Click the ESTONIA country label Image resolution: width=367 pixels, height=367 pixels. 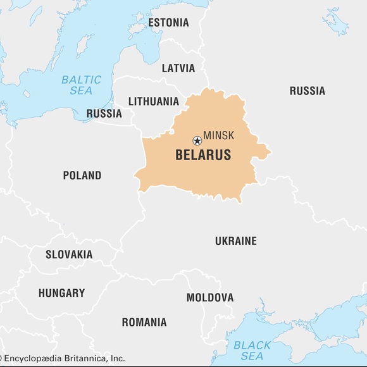[168, 23]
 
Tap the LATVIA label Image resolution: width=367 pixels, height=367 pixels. [178, 68]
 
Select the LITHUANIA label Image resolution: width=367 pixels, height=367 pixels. [153, 101]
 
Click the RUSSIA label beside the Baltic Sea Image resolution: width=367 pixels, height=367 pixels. [104, 114]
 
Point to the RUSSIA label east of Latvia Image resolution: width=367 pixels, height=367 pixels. [307, 91]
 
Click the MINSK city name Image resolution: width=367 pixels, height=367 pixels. [218, 136]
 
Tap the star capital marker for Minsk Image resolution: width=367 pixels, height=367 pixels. [197, 140]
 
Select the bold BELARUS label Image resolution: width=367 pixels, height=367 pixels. [202, 155]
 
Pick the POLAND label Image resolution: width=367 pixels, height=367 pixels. [82, 175]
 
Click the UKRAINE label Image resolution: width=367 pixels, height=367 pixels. [235, 241]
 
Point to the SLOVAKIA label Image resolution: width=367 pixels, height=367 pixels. [69, 255]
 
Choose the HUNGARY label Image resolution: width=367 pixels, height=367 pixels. [61, 293]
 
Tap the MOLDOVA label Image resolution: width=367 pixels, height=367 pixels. [209, 297]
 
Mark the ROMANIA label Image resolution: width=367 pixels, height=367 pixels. [144, 322]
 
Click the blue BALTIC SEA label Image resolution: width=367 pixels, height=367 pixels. [81, 85]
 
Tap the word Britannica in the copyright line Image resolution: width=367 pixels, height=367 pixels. [90, 358]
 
